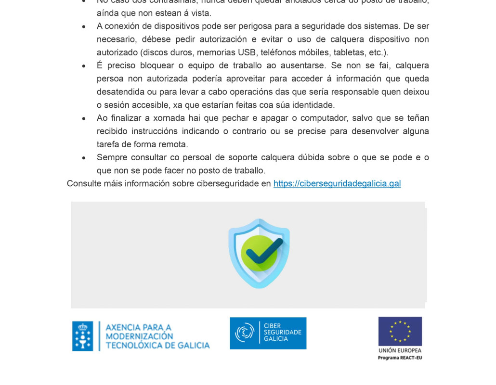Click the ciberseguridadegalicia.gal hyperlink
coord(337,183)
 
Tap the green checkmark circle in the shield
coord(259,252)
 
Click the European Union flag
coord(400,331)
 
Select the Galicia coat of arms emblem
coord(82,336)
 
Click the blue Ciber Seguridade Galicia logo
coord(268,333)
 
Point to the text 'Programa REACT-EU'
coord(400,358)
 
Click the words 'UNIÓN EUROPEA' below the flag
coord(400,350)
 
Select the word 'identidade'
coord(315,105)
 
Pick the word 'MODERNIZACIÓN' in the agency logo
coord(139,336)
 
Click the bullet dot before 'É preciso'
coord(84,66)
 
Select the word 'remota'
coord(174,144)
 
